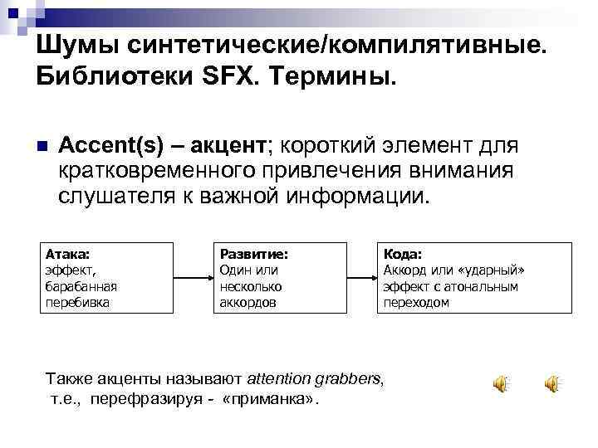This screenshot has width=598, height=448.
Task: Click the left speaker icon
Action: [x=501, y=383]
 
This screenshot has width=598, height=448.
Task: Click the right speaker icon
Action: [x=551, y=383]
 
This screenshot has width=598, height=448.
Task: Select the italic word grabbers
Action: [x=347, y=379]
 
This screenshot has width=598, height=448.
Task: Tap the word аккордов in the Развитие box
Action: [x=247, y=302]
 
